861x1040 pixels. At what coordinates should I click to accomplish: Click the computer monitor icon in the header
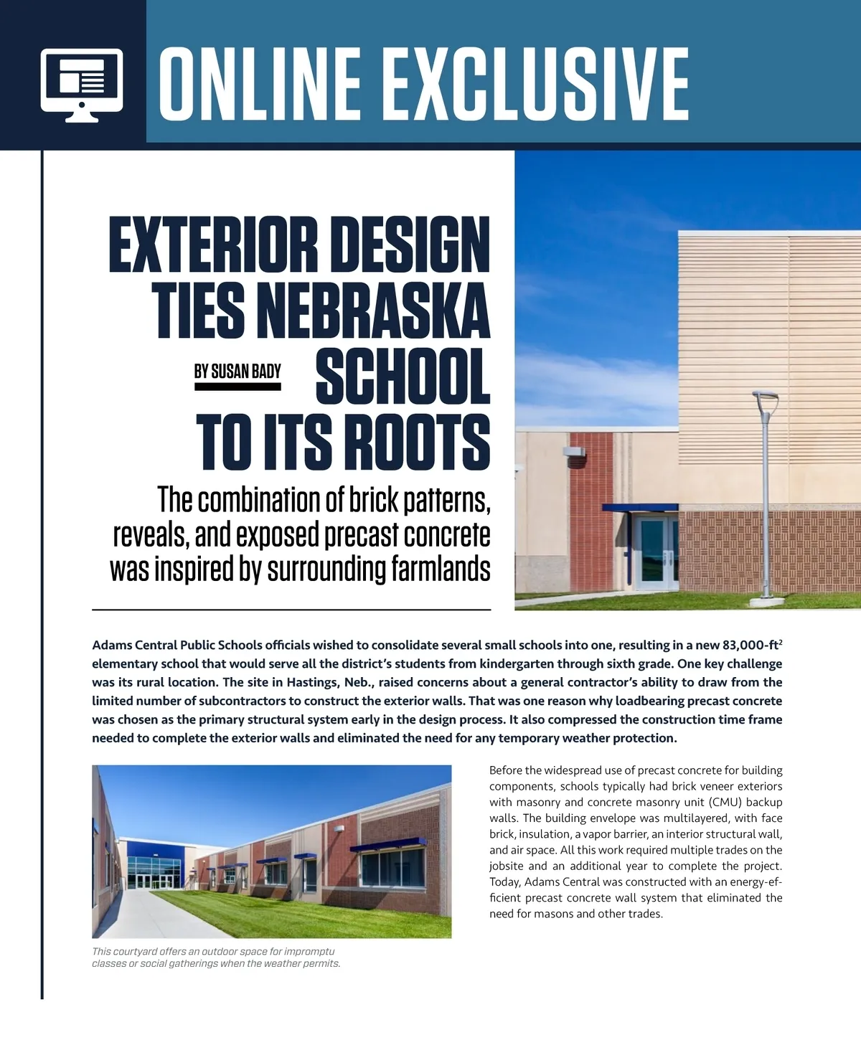[x=82, y=85]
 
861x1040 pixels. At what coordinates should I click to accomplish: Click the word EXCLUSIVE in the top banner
[x=538, y=85]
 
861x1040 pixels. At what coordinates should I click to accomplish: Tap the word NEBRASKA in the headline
[x=373, y=310]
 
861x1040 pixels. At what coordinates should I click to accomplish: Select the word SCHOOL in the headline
[x=403, y=377]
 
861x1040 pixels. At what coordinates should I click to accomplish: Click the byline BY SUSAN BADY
[x=237, y=371]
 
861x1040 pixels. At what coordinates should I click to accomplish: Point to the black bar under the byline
[x=237, y=387]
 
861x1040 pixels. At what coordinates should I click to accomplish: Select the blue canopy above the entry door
[x=640, y=507]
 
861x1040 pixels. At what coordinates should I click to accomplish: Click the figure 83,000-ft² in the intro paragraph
[x=752, y=645]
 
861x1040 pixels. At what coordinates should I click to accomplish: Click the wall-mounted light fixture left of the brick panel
[x=575, y=453]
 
